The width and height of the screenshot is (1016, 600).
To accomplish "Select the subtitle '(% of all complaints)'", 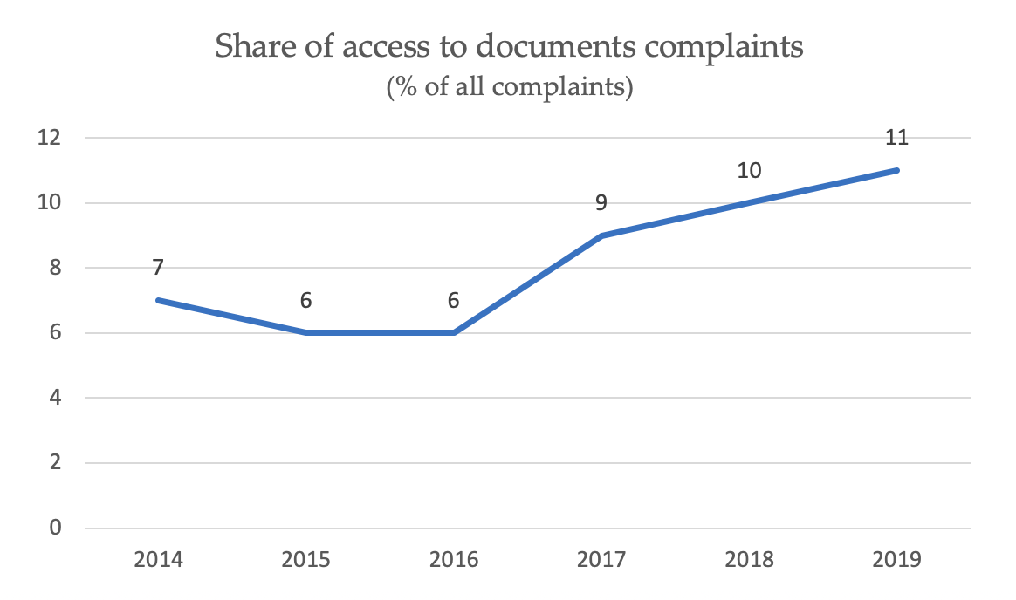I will [509, 88].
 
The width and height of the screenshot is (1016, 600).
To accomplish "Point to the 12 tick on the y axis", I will [49, 138].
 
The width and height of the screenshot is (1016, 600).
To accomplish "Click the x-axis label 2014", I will [159, 559].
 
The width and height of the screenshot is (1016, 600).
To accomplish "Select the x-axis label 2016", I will [454, 559].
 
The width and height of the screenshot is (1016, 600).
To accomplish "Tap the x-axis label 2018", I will [749, 559].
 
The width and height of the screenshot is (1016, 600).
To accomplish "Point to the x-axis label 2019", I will [896, 559].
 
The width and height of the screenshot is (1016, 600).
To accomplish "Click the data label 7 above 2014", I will [159, 267].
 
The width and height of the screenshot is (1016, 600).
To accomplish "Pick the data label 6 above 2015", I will [306, 300].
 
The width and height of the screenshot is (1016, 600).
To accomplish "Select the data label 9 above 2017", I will [601, 202].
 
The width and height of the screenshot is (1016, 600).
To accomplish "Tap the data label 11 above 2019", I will [896, 137].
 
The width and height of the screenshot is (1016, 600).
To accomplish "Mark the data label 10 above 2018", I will [749, 170].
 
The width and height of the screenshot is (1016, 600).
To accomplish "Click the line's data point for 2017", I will [601, 235].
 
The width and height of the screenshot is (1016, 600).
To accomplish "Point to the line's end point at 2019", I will [896, 170].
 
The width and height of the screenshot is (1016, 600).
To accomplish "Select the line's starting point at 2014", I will [159, 300].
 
